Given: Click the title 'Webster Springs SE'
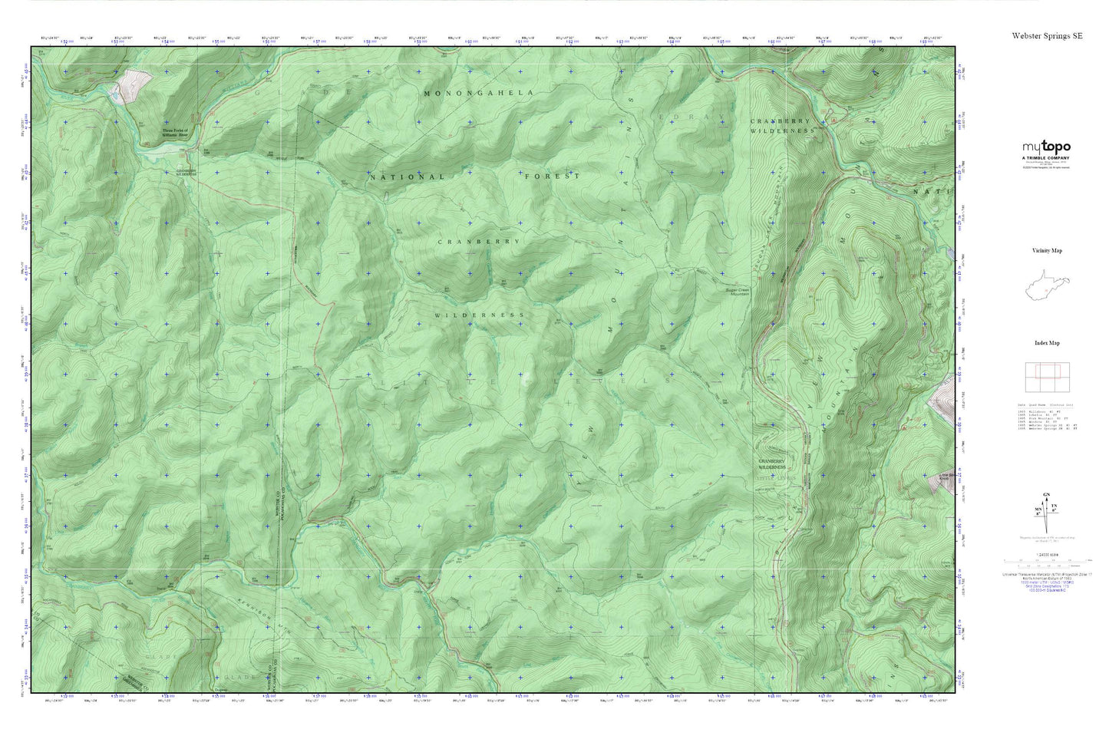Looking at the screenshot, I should click(1047, 36).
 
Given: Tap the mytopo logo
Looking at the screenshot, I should click(1046, 148).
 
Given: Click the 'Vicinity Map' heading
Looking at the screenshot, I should click(1047, 251).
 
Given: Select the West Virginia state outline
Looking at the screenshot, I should click(1047, 287).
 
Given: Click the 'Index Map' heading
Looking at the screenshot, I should click(1047, 343).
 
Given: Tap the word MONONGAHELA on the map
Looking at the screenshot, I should click(478, 93).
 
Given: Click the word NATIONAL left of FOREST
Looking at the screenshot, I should click(407, 177).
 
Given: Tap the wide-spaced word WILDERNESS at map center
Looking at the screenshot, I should click(480, 315).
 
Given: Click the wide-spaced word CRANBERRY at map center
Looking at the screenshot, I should click(478, 242).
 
